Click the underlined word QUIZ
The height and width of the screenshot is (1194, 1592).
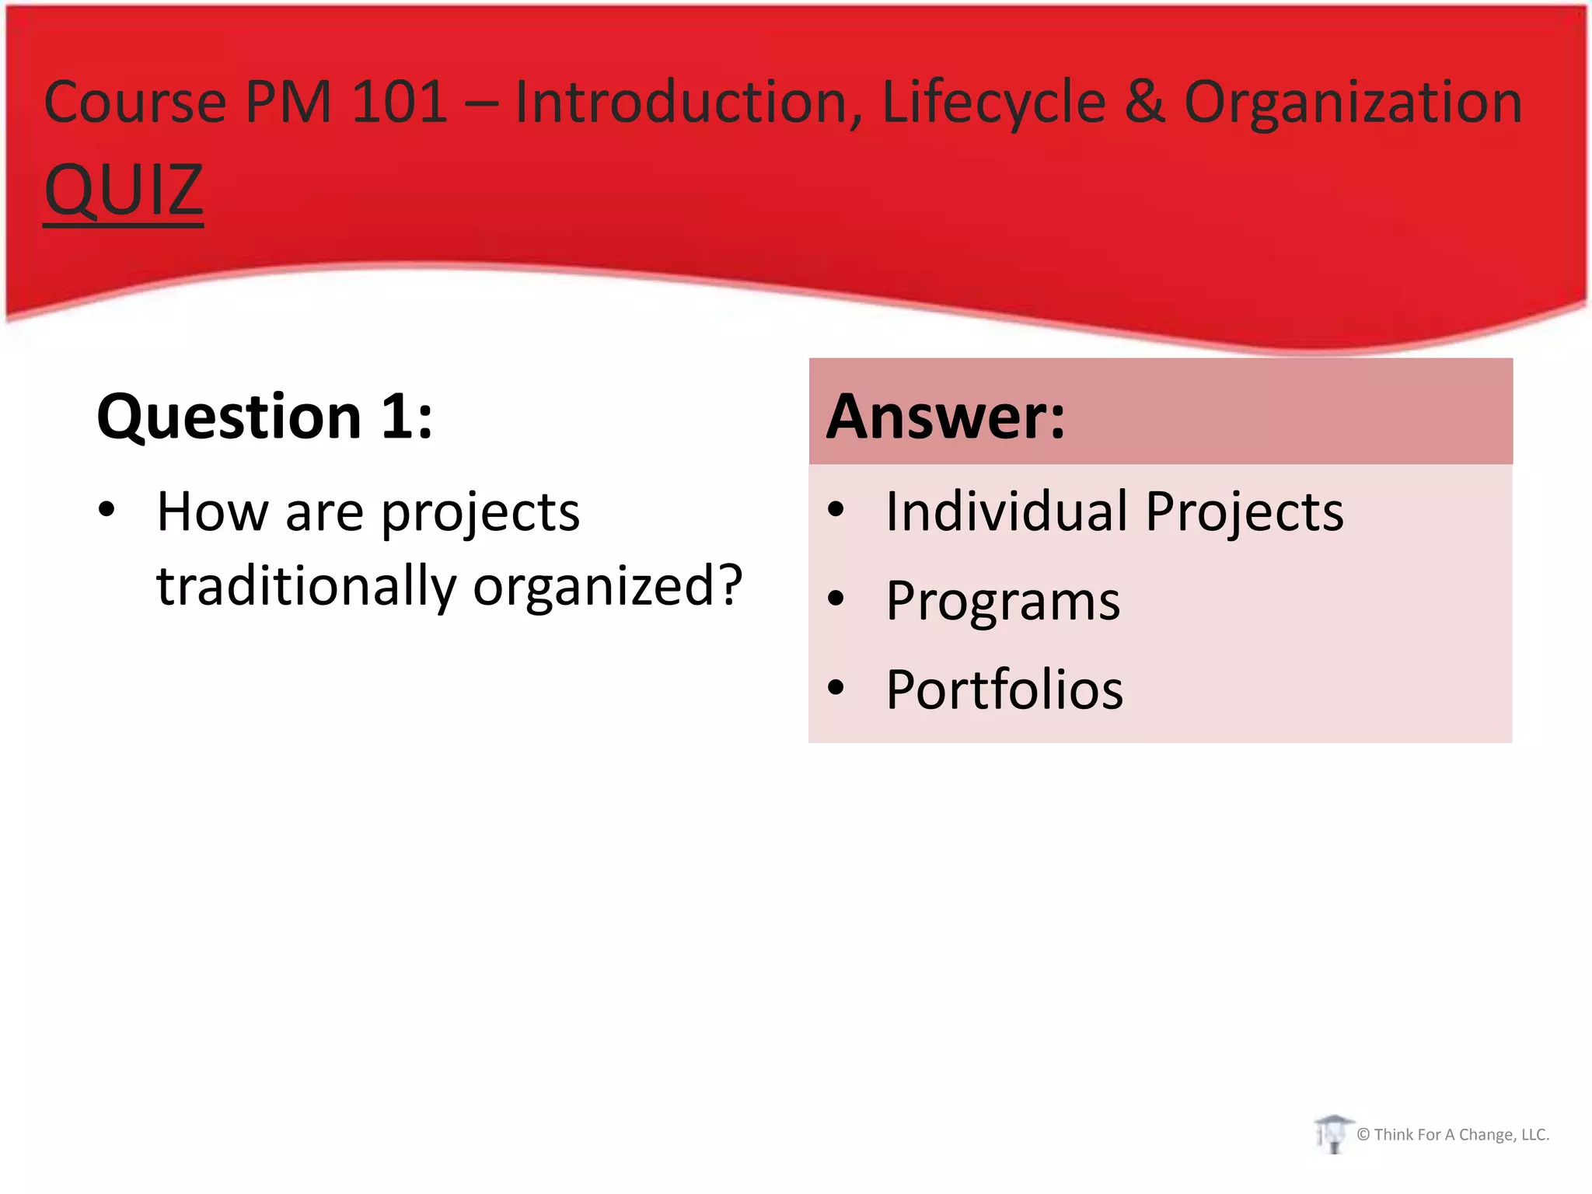click(123, 190)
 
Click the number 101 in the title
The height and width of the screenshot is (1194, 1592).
click(400, 102)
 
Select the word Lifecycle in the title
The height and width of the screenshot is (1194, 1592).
click(993, 102)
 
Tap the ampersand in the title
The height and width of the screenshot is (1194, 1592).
click(1144, 102)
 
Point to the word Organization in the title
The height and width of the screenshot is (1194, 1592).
click(1353, 102)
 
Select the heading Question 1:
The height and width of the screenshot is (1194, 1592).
click(264, 417)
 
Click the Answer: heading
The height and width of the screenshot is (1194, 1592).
click(945, 417)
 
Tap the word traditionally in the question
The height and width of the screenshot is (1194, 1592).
click(306, 585)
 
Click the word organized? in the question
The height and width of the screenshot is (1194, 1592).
click(608, 585)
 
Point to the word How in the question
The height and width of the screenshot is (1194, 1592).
click(212, 511)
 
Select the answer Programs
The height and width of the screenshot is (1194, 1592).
click(1003, 601)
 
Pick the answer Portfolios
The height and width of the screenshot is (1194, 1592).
click(1004, 690)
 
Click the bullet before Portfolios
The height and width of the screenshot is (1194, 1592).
click(836, 687)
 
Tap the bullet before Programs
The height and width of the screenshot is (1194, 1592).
click(836, 599)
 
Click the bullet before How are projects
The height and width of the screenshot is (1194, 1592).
click(106, 510)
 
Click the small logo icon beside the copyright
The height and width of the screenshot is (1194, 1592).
click(1333, 1134)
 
